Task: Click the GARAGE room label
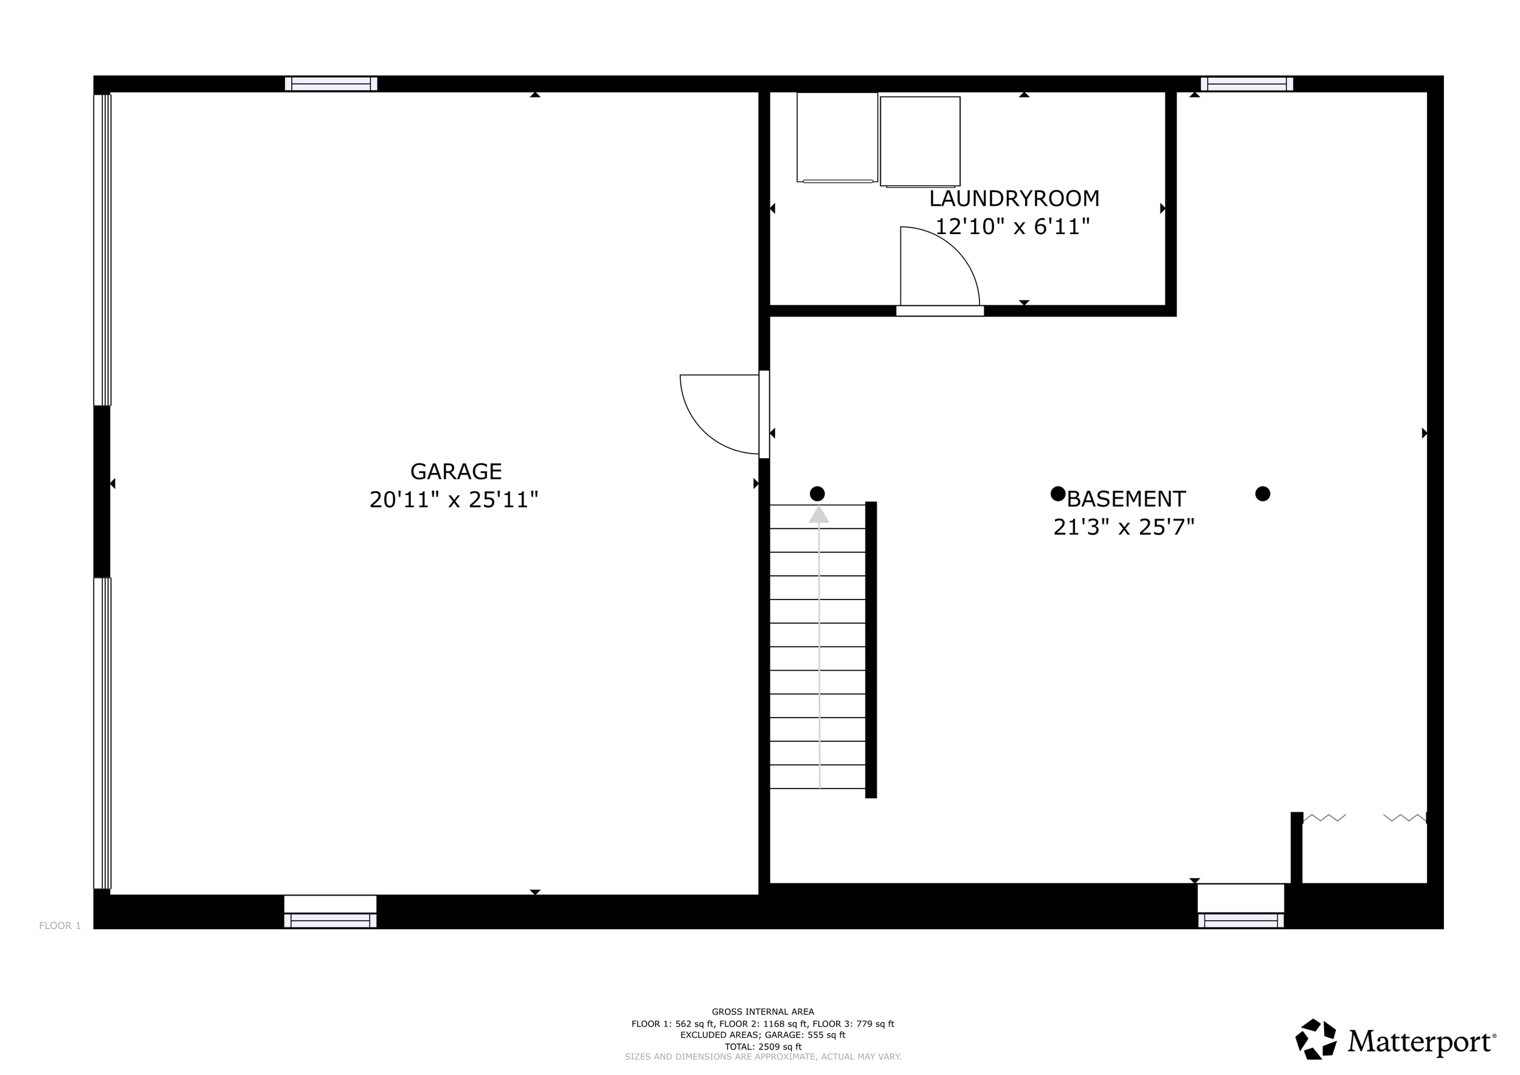(x=456, y=471)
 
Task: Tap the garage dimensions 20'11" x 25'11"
(x=454, y=500)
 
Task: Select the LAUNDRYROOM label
(x=1014, y=199)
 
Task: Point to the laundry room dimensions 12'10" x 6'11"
(x=1012, y=227)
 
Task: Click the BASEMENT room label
(x=1126, y=499)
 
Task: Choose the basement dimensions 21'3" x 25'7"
(x=1124, y=527)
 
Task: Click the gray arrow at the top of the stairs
(x=819, y=514)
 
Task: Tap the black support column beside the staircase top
(x=818, y=494)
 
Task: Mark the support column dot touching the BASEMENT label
(x=1058, y=494)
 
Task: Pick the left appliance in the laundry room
(x=837, y=137)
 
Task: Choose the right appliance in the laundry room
(x=921, y=142)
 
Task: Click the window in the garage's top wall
(x=331, y=84)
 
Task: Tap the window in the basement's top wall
(x=1246, y=84)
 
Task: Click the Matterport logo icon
(x=1316, y=1039)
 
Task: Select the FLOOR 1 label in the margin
(x=60, y=925)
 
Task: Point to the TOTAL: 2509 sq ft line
(x=762, y=1046)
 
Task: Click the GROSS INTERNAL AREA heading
(x=762, y=1011)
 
